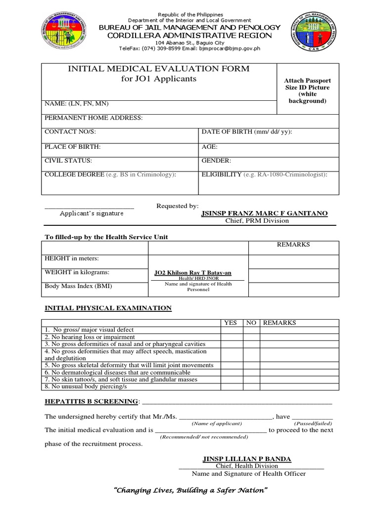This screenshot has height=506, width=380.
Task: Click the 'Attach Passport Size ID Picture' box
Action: [x=307, y=90]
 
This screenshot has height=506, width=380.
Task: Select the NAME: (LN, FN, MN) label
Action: [x=77, y=104]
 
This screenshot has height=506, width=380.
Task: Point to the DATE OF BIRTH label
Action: [x=246, y=132]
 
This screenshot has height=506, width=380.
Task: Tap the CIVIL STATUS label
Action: [x=68, y=161]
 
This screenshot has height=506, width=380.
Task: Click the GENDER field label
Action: [x=216, y=161]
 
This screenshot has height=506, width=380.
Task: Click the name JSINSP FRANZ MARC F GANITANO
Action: [x=264, y=213]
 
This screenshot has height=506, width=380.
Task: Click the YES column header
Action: [x=231, y=323]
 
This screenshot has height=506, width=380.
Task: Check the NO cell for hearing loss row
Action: [x=251, y=337]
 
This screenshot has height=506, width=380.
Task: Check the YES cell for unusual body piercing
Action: [x=232, y=386]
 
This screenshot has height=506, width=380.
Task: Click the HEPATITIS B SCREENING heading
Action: [x=92, y=401]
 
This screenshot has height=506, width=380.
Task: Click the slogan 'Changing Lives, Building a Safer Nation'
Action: [x=190, y=490]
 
